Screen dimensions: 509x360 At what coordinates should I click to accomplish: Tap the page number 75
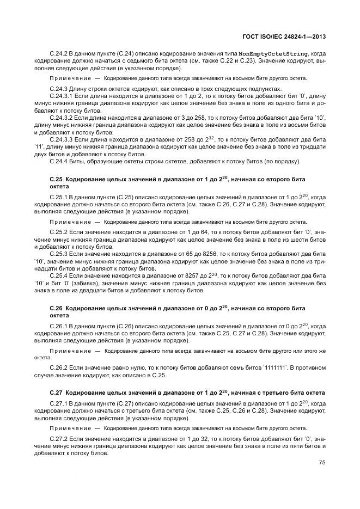point(322,463)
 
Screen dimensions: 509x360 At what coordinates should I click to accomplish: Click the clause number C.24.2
point(58,54)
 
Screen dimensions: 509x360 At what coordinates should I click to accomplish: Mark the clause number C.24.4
point(58,161)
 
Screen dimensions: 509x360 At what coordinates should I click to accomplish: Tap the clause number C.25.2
point(58,232)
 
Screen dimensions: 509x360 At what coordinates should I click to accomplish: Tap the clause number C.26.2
point(58,368)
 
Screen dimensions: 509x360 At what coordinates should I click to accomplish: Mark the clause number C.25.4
point(58,275)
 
